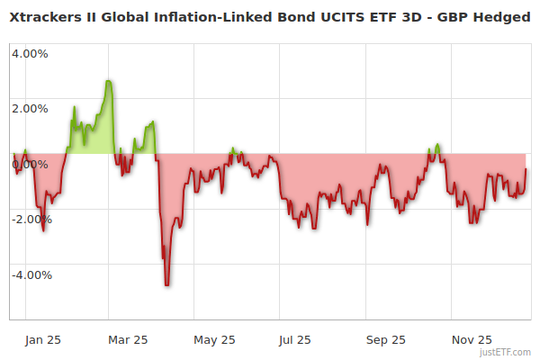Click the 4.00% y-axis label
30,53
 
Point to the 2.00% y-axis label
30,109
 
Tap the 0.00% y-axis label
30,164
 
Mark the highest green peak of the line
108,81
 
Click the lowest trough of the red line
167,285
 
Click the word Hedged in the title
505,16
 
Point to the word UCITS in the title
326,16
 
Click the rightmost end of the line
526,169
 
